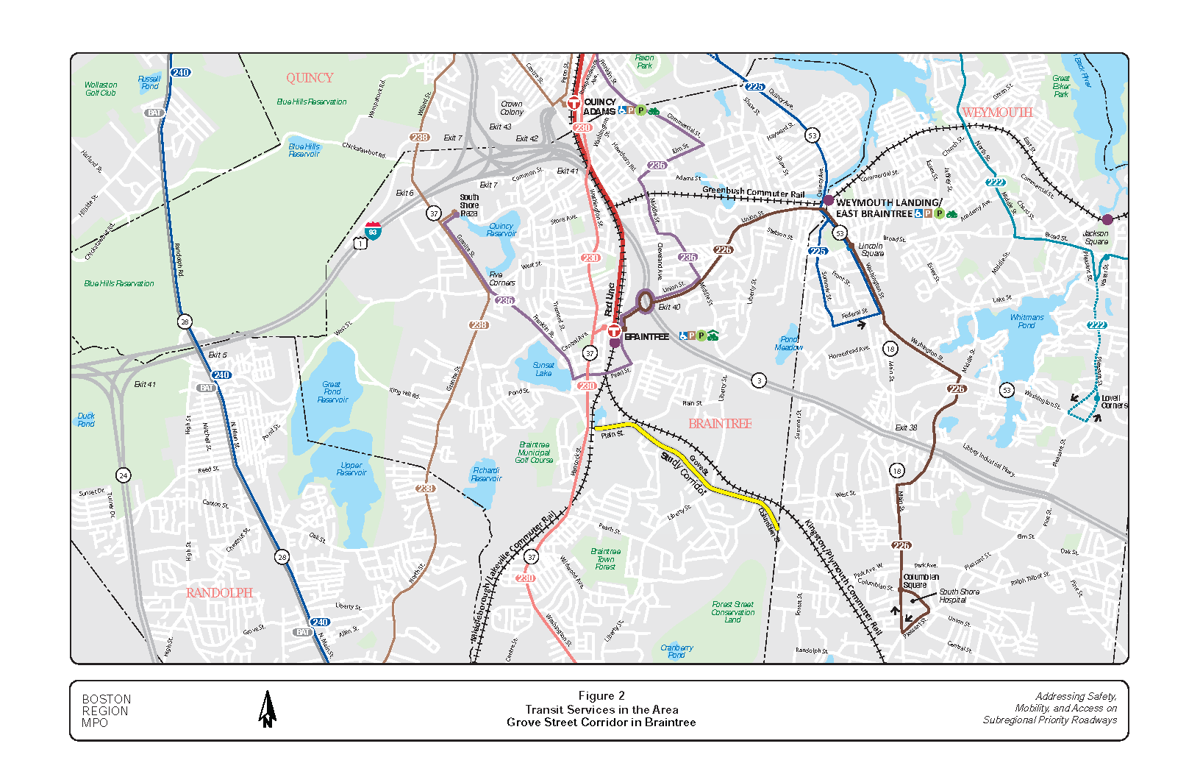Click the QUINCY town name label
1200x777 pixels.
[310, 78]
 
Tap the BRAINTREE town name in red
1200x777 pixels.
[720, 424]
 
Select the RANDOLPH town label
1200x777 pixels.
[219, 593]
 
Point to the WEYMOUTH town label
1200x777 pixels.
[997, 113]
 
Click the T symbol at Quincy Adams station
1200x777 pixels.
[574, 104]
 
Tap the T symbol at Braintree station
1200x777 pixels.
[614, 331]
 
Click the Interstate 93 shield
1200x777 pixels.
[374, 230]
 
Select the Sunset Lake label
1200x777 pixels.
[543, 369]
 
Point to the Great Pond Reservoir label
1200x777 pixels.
[332, 392]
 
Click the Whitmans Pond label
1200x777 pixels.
[1026, 322]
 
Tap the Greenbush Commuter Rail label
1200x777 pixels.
[753, 193]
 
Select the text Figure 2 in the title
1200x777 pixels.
[601, 696]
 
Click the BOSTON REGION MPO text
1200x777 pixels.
[106, 711]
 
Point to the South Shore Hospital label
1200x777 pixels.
[959, 596]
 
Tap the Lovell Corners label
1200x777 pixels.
[1113, 402]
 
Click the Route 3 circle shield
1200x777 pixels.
[759, 380]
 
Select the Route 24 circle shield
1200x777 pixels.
[124, 475]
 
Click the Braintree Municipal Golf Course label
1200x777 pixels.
[534, 453]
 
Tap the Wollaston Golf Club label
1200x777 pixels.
[101, 89]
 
